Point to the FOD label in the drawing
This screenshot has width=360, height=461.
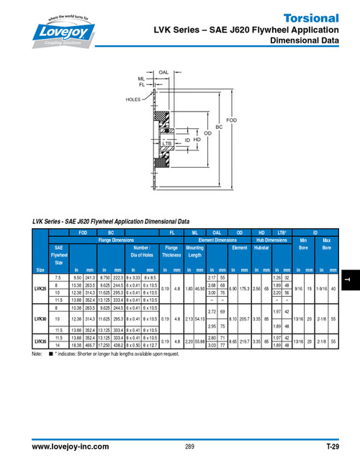click(230, 120)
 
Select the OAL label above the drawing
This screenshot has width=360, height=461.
click(163, 73)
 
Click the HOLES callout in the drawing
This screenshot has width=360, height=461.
click(133, 99)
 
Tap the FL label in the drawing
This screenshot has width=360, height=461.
click(143, 85)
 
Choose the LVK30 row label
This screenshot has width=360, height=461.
click(40, 318)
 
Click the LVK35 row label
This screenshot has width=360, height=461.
click(40, 342)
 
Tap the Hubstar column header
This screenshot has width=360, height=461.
click(261, 247)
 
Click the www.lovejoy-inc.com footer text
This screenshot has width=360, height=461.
click(70, 447)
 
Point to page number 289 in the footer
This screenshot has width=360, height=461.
click(189, 447)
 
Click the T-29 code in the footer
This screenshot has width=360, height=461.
click(332, 447)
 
